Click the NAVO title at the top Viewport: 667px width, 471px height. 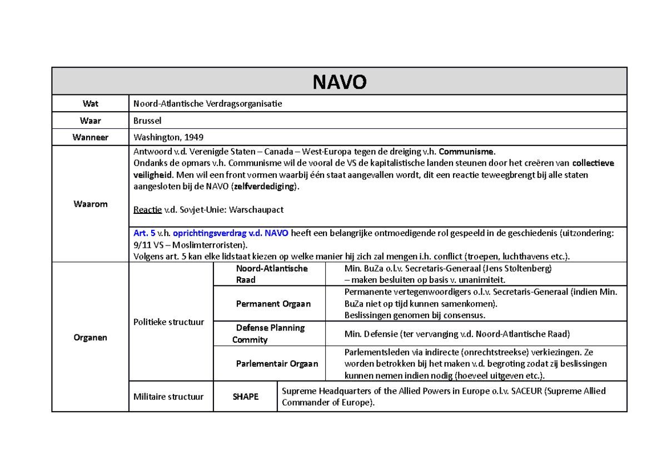pyautogui.click(x=339, y=82)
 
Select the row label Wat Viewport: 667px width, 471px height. pyautogui.click(x=90, y=103)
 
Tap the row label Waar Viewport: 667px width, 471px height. pyautogui.click(x=90, y=121)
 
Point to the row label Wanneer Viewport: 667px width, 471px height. pyautogui.click(x=90, y=137)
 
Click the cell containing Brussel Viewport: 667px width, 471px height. pyautogui.click(x=147, y=121)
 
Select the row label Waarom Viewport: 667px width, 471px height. pyautogui.click(x=90, y=204)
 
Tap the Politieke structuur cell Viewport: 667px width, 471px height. pyautogui.click(x=168, y=322)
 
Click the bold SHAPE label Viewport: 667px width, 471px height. pyautogui.click(x=245, y=397)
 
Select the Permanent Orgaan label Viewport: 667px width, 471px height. pyautogui.click(x=273, y=304)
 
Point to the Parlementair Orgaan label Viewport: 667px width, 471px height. pyautogui.click(x=277, y=364)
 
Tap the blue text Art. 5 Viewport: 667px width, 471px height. pyautogui.click(x=143, y=233)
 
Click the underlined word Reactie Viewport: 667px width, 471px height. pyautogui.click(x=147, y=209)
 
